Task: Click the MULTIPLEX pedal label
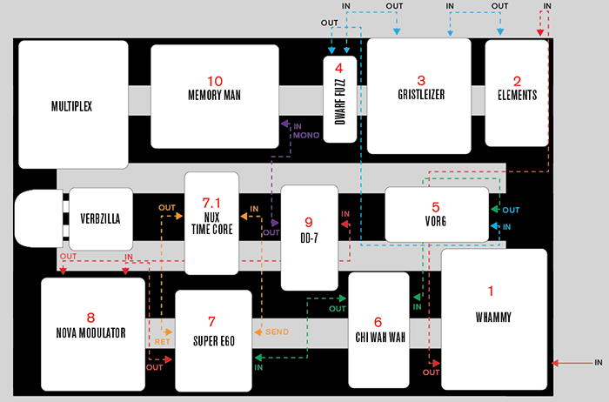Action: pyautogui.click(x=71, y=106)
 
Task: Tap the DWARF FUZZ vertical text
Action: pyautogui.click(x=339, y=111)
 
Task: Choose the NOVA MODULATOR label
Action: pyautogui.click(x=93, y=332)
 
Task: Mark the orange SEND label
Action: pyautogui.click(x=278, y=332)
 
